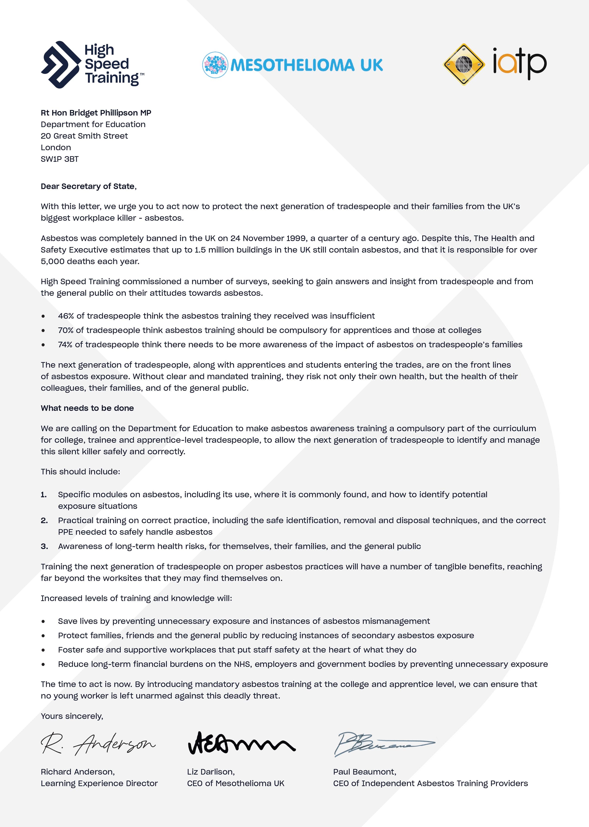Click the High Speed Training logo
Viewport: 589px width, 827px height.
click(x=93, y=65)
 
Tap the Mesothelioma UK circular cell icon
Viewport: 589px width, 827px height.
click(x=215, y=65)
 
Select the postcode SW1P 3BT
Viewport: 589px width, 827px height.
click(x=60, y=159)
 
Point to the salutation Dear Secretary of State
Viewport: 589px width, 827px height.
click(x=88, y=186)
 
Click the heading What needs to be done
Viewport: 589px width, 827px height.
click(x=87, y=408)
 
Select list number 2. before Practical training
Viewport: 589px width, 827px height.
click(x=44, y=520)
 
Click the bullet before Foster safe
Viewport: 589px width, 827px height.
click(x=43, y=650)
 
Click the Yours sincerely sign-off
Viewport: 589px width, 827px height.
click(x=72, y=716)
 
